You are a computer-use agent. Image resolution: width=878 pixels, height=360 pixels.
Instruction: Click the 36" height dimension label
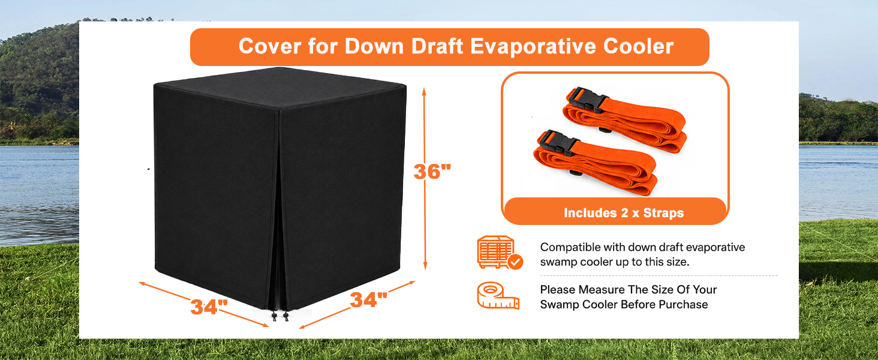[432, 172]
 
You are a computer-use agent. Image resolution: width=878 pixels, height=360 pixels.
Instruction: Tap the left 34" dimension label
[209, 307]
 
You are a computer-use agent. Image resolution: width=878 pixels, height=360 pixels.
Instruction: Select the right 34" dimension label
[368, 299]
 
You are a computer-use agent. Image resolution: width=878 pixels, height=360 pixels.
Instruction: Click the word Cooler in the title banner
[638, 46]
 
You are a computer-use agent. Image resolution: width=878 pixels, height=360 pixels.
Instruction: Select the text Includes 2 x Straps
[624, 213]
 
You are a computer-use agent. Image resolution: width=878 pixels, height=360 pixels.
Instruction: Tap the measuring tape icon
[498, 296]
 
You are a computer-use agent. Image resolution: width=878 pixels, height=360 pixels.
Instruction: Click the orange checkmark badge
[515, 262]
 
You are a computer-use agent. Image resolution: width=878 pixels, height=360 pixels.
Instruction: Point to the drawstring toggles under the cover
[280, 316]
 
